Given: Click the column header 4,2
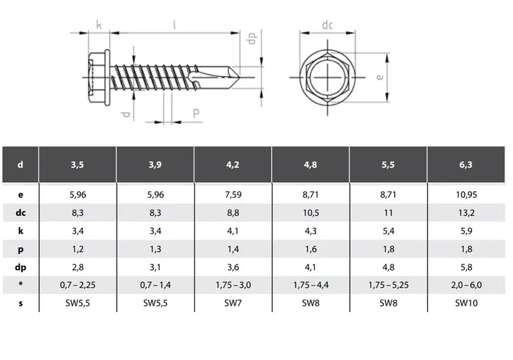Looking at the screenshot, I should (x=233, y=165).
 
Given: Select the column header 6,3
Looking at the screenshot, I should (x=465, y=165).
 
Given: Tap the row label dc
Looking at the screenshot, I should (x=20, y=211).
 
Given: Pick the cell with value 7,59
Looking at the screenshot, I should (x=233, y=193).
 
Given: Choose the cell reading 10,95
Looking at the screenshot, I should (x=465, y=193).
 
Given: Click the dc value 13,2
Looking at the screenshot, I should (x=465, y=211).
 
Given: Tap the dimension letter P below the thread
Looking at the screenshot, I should (x=195, y=113).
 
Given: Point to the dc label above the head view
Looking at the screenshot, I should (x=327, y=25).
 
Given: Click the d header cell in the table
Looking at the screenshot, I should (x=20, y=165).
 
